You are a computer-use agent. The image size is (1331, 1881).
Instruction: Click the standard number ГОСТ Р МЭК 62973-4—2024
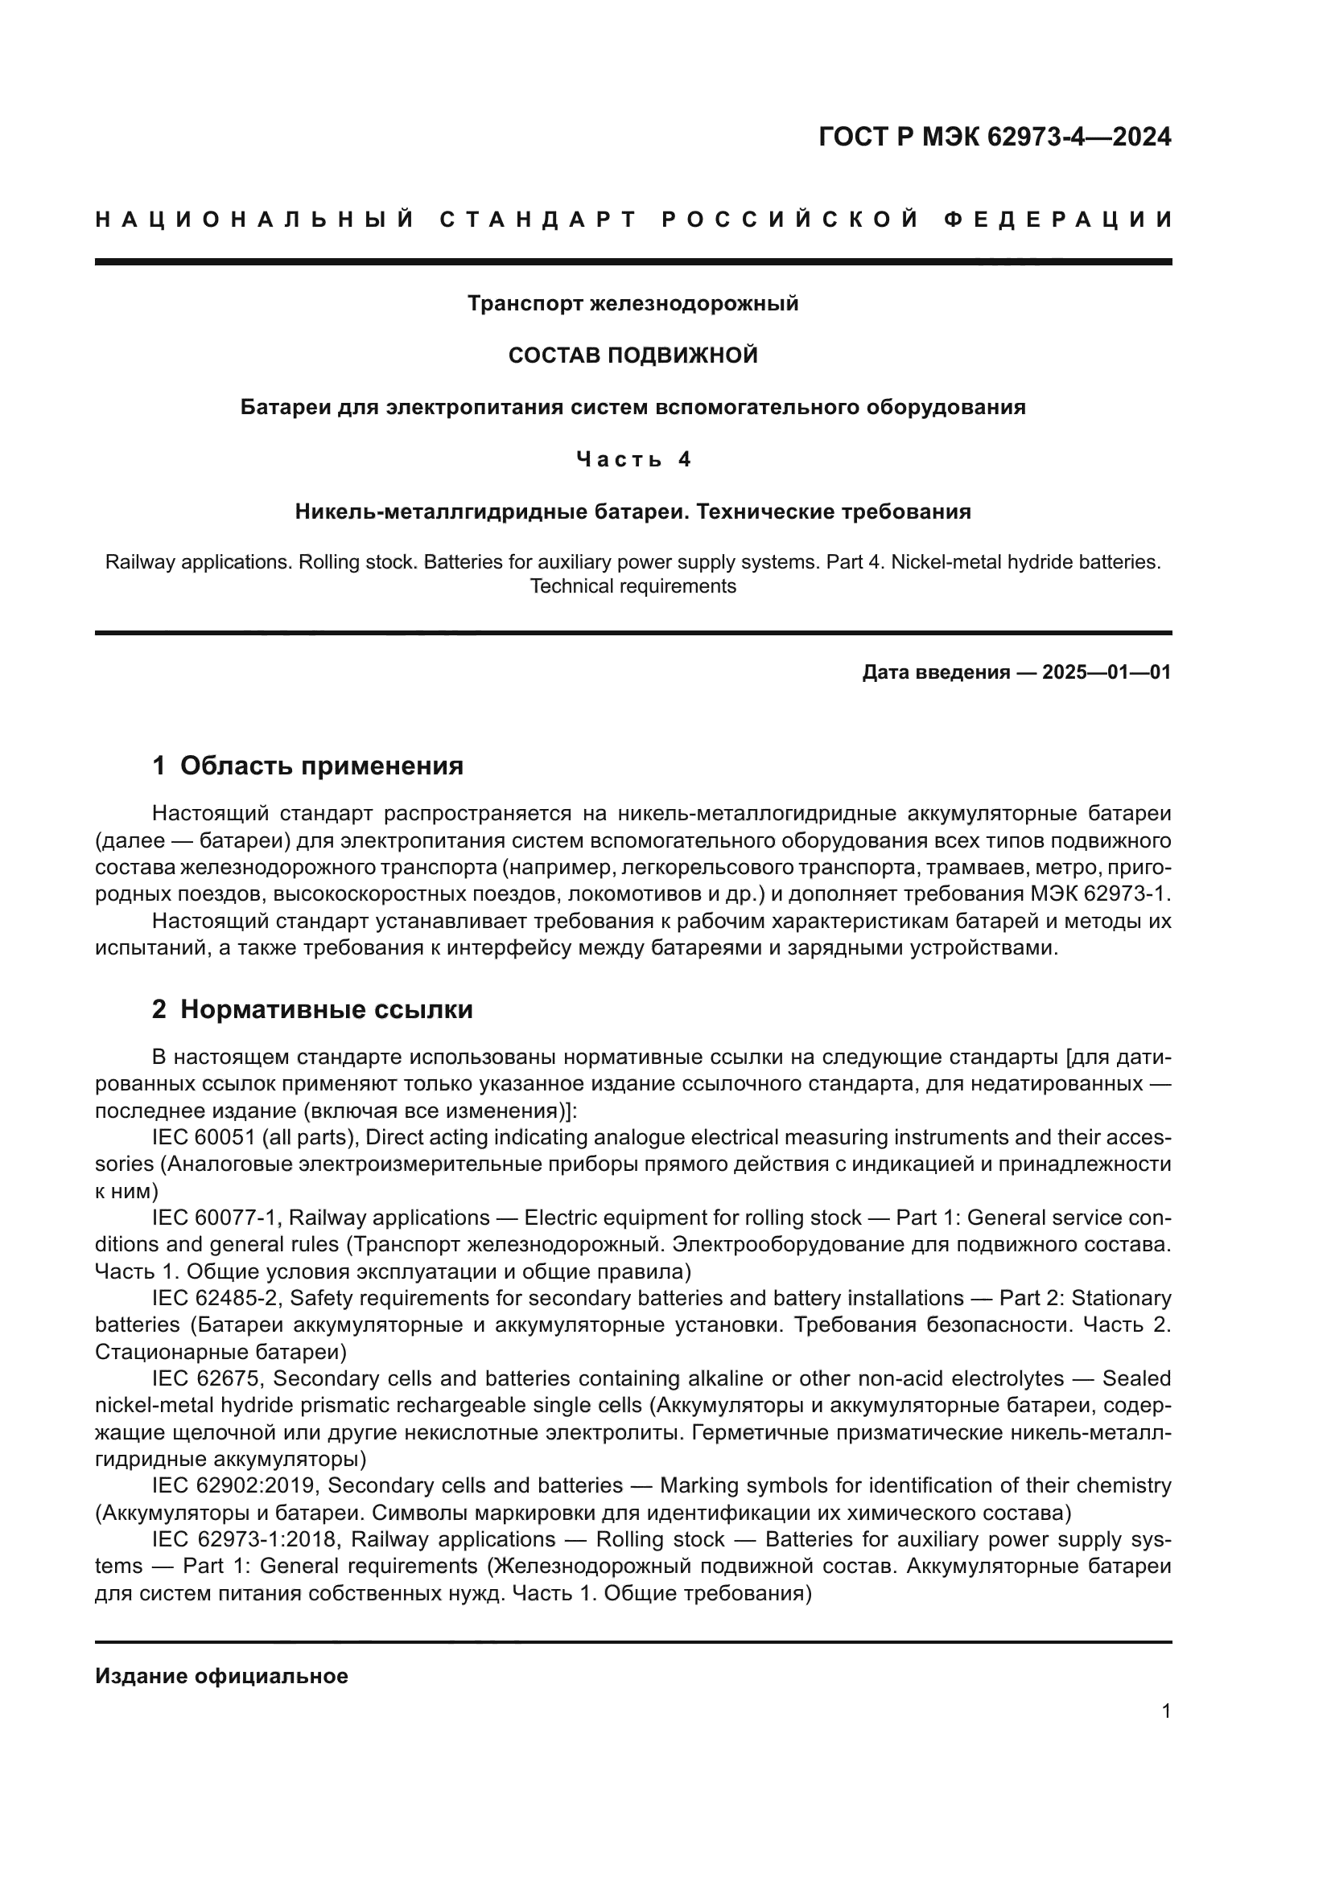(x=994, y=137)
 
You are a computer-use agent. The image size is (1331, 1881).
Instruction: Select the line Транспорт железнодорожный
(x=633, y=304)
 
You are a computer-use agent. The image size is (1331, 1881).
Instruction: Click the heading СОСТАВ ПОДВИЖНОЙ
(x=633, y=355)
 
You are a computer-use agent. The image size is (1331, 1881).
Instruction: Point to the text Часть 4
(x=633, y=460)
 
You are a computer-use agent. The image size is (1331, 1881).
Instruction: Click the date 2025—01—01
(x=1106, y=672)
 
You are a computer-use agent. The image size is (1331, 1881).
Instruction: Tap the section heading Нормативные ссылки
(x=326, y=1009)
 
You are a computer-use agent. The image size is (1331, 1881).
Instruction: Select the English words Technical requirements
(x=633, y=586)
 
